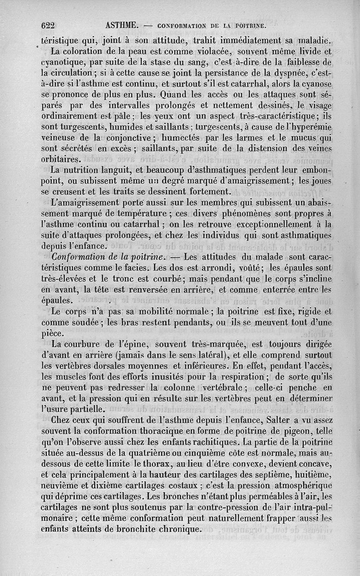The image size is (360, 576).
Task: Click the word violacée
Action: click(x=198, y=51)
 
